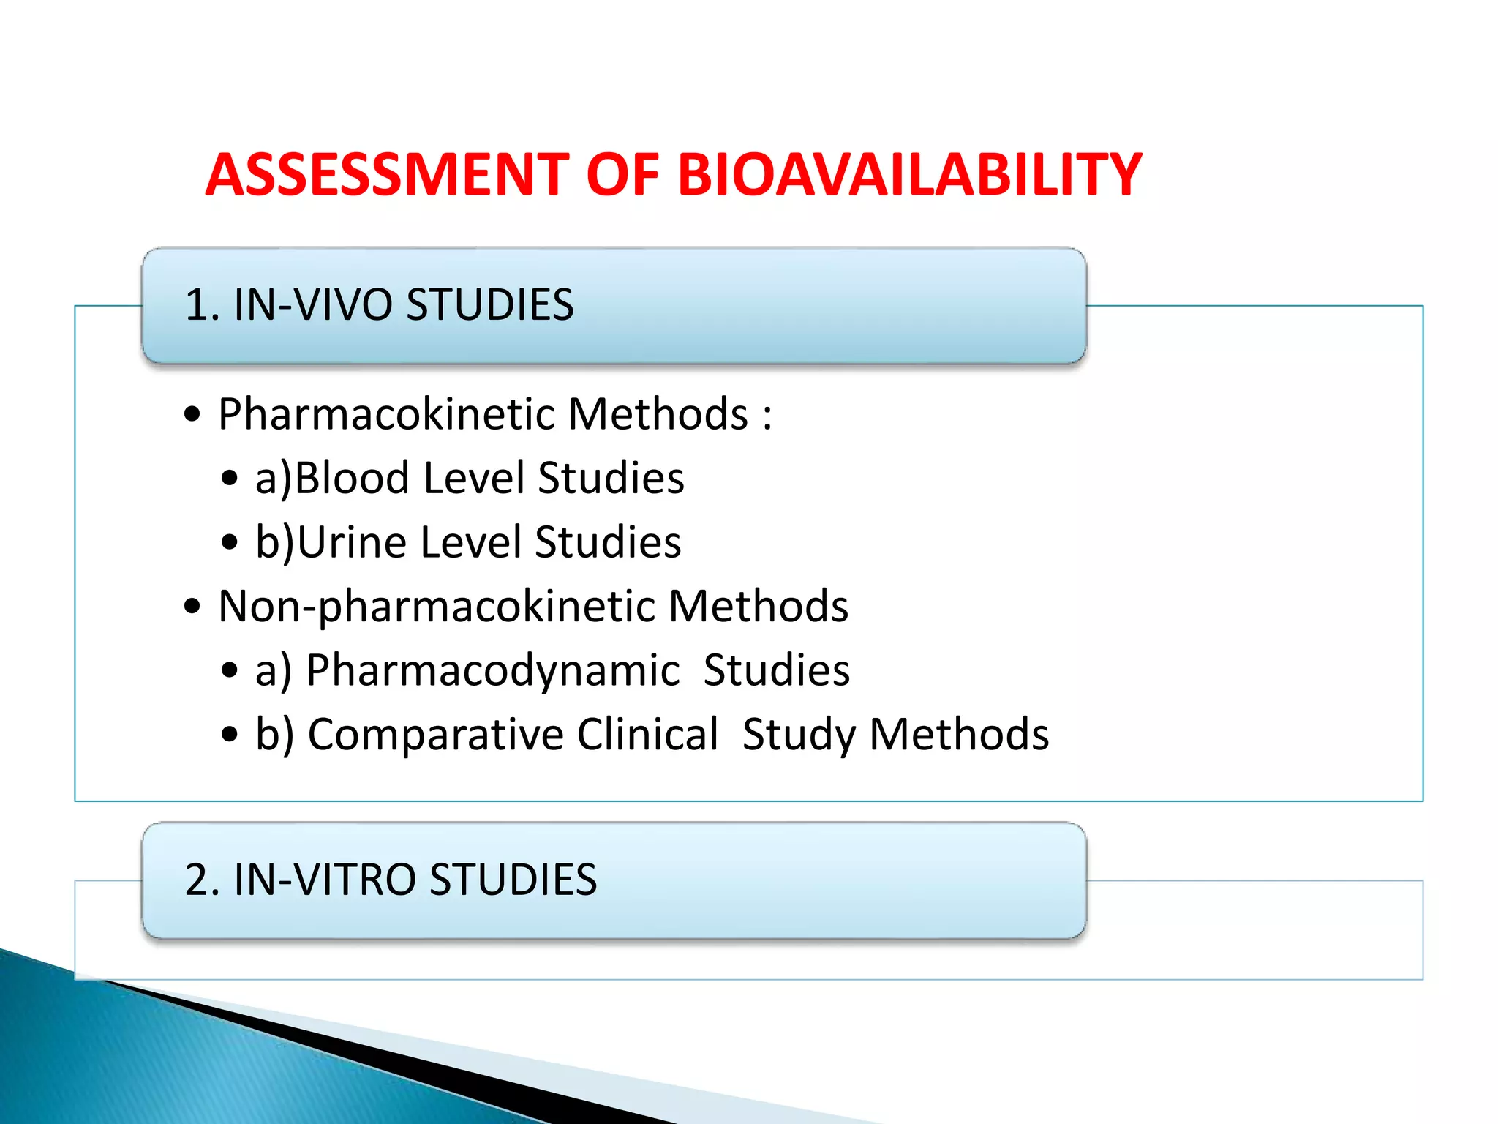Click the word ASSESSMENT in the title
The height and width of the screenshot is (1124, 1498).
coord(387,176)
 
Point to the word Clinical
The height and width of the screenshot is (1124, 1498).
coord(647,735)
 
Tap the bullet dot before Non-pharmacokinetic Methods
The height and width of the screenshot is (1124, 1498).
coord(192,607)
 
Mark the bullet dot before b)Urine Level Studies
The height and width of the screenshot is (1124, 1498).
coord(230,543)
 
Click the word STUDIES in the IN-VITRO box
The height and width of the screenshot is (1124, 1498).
coord(513,880)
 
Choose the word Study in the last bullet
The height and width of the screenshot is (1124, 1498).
coord(799,735)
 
